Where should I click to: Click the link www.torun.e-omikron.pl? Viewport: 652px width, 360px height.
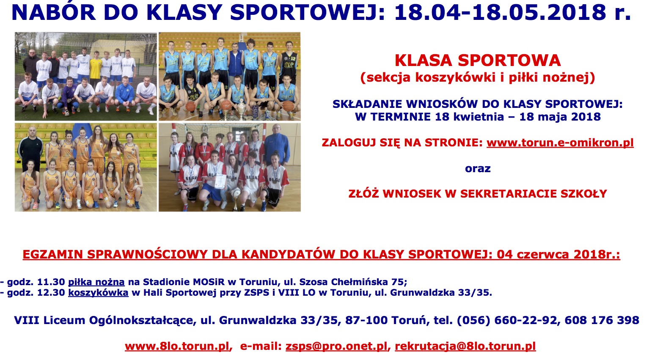[560, 143]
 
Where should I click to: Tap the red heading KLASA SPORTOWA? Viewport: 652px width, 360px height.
[478, 60]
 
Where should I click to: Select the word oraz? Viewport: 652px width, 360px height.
[478, 168]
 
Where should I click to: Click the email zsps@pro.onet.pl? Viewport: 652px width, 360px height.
[336, 346]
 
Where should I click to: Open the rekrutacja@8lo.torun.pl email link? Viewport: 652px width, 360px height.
[465, 346]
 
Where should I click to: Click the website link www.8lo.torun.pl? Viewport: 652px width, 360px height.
[177, 346]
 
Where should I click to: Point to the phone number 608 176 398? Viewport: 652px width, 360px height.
[602, 320]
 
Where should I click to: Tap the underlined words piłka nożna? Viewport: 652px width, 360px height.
[96, 282]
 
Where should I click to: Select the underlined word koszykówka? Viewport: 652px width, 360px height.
[98, 292]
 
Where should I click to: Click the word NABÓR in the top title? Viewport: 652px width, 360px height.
[54, 12]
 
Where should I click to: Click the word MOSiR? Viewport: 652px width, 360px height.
[209, 282]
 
